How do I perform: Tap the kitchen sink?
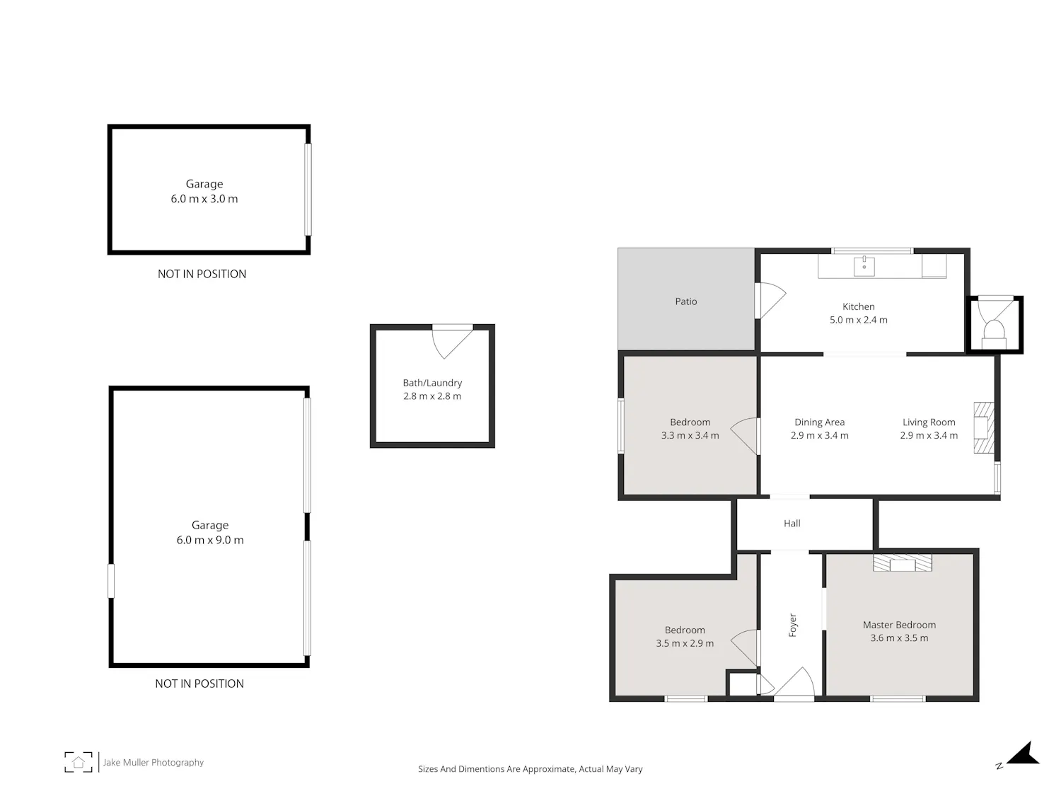[864, 266]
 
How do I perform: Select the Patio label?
[686, 301]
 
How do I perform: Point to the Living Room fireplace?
[984, 428]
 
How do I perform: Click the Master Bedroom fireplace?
[902, 563]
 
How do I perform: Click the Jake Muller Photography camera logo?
[79, 762]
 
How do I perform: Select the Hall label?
[792, 524]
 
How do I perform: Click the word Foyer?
[792, 625]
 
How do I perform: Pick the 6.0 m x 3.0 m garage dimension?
[204, 199]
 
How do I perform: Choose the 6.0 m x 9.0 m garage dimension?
[210, 541]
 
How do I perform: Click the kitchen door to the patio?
[770, 300]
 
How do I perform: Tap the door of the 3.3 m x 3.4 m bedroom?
[744, 436]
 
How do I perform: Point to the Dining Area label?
[819, 422]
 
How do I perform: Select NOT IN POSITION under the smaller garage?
[202, 274]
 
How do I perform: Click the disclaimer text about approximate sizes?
[530, 769]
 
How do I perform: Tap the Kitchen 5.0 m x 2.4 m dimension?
[859, 320]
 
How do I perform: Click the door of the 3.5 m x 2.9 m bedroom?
[745, 647]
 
